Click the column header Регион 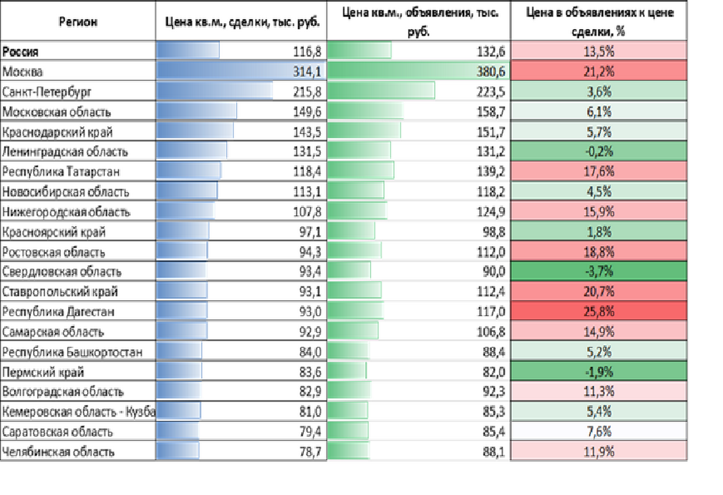point(77,22)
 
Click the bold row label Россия point(20,51)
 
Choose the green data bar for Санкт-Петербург point(381,91)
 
